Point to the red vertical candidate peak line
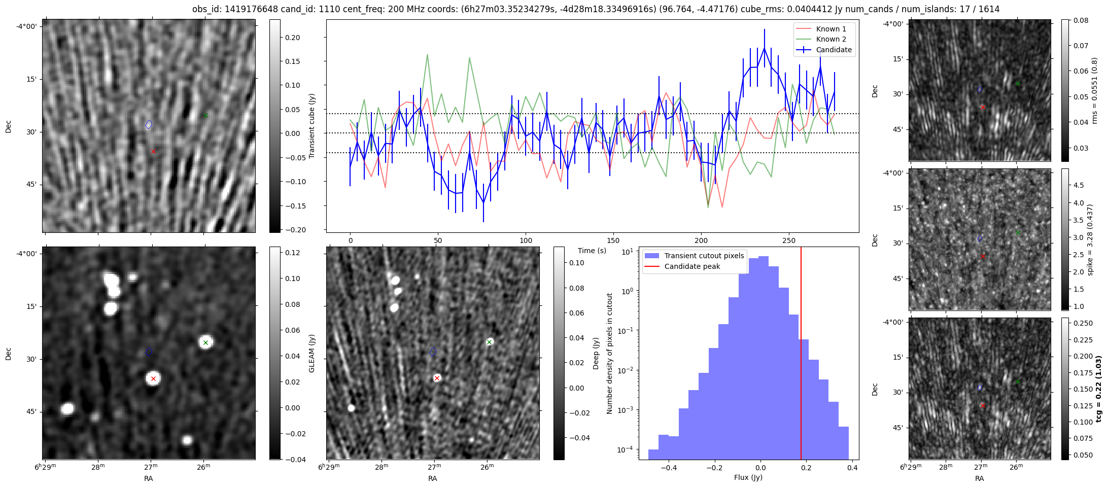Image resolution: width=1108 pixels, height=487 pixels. pyautogui.click(x=801, y=355)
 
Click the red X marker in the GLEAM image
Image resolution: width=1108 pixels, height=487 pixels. pyautogui.click(x=153, y=378)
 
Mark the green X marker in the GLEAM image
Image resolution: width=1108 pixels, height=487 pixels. pyautogui.click(x=205, y=343)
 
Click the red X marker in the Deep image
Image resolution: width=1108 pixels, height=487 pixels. pyautogui.click(x=437, y=378)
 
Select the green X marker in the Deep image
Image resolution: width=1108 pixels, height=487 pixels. pyautogui.click(x=489, y=342)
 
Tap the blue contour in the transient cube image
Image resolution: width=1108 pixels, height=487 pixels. pyautogui.click(x=149, y=124)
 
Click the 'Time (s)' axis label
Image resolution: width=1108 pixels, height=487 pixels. pyautogui.click(x=592, y=251)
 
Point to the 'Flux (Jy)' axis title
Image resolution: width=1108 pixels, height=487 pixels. pyautogui.click(x=748, y=477)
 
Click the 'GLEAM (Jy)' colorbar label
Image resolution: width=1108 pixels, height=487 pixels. pyautogui.click(x=311, y=353)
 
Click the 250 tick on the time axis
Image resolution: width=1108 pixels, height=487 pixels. pyautogui.click(x=788, y=240)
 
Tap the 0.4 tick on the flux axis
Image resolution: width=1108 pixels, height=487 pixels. pyautogui.click(x=852, y=468)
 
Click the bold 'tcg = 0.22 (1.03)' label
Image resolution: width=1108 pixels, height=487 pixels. pyautogui.click(x=1099, y=389)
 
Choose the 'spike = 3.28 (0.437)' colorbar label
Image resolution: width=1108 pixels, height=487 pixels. pyautogui.click(x=1090, y=239)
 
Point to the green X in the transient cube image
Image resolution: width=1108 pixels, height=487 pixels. pyautogui.click(x=205, y=116)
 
